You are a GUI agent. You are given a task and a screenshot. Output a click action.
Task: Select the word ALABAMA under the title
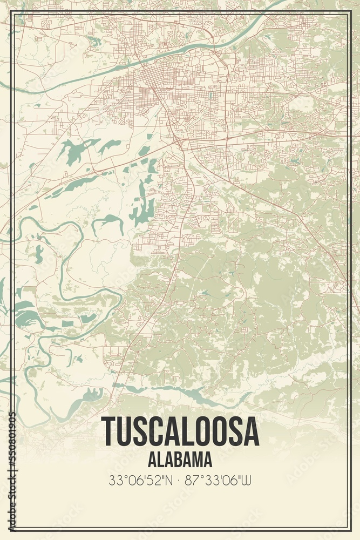180,460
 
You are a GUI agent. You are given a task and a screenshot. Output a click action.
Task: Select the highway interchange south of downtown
178,143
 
